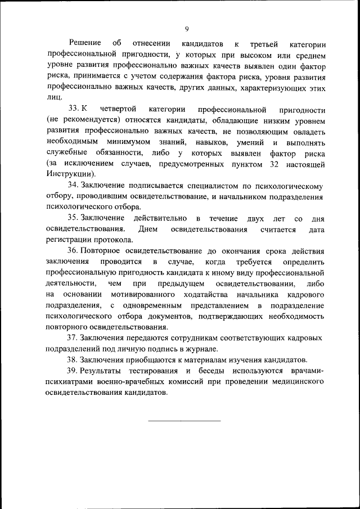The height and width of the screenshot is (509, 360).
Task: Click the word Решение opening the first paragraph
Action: pos(85,43)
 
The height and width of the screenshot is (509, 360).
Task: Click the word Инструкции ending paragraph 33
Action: pos(70,174)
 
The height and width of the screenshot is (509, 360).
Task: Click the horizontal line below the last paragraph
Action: pos(185,420)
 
